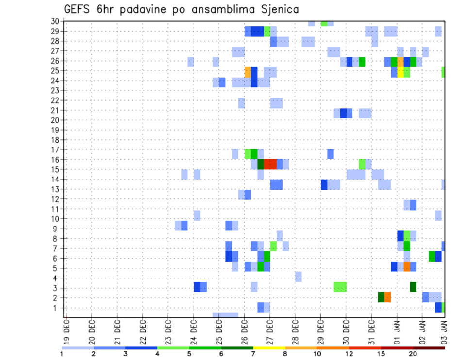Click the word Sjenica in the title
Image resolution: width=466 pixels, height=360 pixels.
274,9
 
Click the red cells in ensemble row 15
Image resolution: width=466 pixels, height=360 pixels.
270,164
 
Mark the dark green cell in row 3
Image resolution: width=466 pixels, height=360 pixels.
413,287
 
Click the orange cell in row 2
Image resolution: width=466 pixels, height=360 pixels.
388,297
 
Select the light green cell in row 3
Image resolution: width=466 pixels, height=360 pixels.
340,287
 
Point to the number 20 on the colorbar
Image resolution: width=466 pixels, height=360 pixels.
413,353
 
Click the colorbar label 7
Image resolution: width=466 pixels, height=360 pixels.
253,353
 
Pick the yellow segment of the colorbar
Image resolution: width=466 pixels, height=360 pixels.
269,348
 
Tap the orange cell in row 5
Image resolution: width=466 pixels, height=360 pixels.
407,267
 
